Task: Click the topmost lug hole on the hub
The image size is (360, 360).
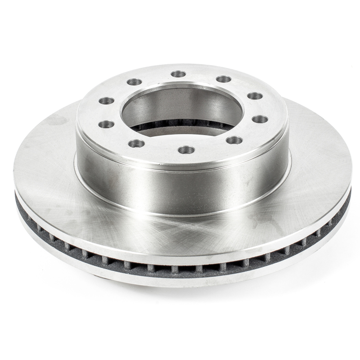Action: coord(179,74)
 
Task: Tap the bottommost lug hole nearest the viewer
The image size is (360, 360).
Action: coord(186,149)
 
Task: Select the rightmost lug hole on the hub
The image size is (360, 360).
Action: coord(260,119)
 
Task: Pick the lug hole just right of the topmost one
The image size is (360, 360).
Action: coord(224,79)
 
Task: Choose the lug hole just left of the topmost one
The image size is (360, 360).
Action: coord(135,82)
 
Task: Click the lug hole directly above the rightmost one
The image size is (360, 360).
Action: coord(255,96)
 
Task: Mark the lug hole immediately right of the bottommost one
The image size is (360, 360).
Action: coord(234,140)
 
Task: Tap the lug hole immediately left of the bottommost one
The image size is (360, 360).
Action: coord(136,144)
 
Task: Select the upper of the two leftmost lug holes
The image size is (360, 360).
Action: coord(106,101)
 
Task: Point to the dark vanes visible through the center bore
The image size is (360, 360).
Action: coord(180,125)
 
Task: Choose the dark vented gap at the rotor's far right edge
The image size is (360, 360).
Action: coord(347,198)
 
